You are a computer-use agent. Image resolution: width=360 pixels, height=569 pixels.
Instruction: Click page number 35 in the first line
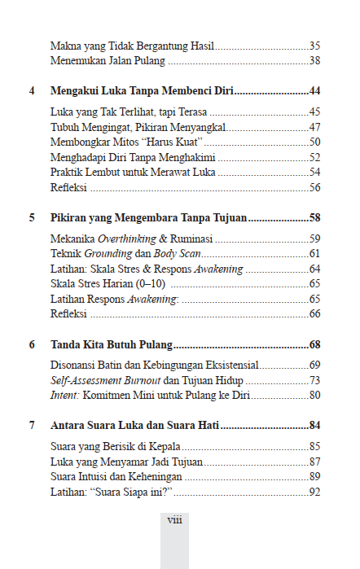coord(314,46)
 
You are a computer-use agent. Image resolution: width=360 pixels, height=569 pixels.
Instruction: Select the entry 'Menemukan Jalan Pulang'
coord(108,61)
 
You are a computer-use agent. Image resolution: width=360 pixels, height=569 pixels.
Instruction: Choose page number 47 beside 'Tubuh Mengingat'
coord(314,127)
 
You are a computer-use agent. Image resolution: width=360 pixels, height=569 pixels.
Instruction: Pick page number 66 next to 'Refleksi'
coord(314,314)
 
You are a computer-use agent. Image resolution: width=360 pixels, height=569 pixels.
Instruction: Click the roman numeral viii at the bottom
coord(174,519)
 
